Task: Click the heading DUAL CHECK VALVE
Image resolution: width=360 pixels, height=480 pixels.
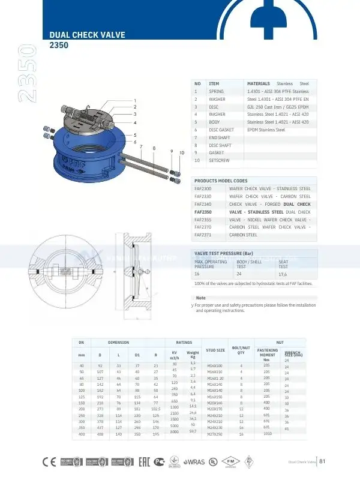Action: pos(87,35)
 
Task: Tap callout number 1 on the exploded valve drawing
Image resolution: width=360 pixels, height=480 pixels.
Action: pos(136,100)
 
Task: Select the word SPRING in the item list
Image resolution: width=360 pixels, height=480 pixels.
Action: pos(216,91)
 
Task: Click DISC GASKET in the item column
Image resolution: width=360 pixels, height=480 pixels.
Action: pos(221,130)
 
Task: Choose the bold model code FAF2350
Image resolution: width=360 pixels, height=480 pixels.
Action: pos(203,212)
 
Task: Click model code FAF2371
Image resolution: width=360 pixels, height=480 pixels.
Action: pos(203,235)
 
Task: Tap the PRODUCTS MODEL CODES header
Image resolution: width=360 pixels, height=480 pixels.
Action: pos(221,181)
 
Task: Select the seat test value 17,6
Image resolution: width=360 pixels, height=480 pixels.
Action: pos(283,274)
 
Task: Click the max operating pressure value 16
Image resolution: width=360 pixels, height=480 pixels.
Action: pos(196,274)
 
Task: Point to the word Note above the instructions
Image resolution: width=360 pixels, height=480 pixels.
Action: pos(201,298)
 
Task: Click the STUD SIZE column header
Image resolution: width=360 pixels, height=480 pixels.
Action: pos(215,349)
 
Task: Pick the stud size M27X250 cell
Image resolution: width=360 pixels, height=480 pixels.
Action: pos(214,434)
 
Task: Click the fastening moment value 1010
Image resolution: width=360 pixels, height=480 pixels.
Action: pos(268,433)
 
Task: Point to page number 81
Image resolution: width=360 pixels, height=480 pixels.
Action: pos(322,461)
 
